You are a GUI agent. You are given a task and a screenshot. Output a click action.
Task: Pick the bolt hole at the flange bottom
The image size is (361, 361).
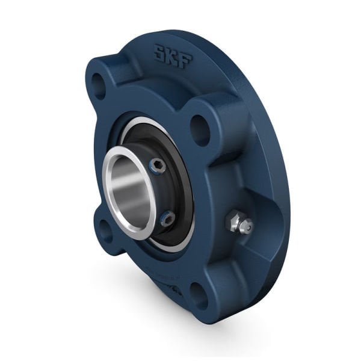199,295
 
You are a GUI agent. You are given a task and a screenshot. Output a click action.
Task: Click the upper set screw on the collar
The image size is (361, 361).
158,167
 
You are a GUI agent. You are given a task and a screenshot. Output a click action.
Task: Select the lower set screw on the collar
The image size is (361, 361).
168,220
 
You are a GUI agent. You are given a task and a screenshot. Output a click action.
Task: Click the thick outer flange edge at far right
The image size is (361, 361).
283,199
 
